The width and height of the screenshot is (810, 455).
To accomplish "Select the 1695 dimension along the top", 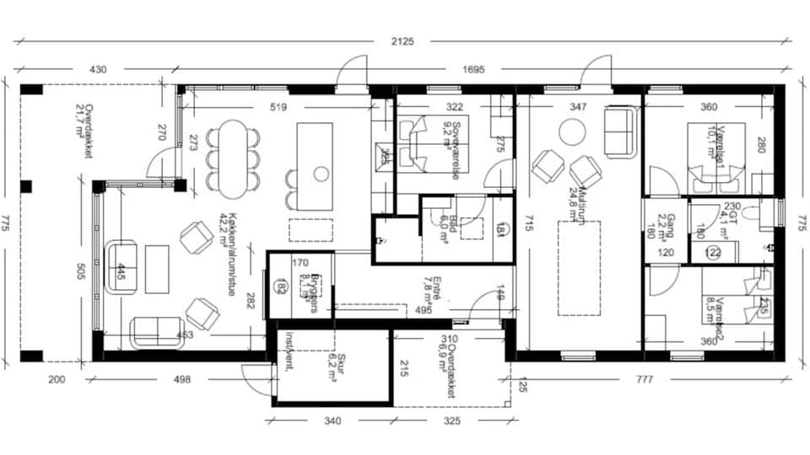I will coord(473,70).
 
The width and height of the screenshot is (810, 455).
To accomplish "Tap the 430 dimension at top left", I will coord(98,70).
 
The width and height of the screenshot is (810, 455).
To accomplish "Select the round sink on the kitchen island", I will coord(321,174).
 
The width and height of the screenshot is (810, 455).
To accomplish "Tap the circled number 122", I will coord(712,251).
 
